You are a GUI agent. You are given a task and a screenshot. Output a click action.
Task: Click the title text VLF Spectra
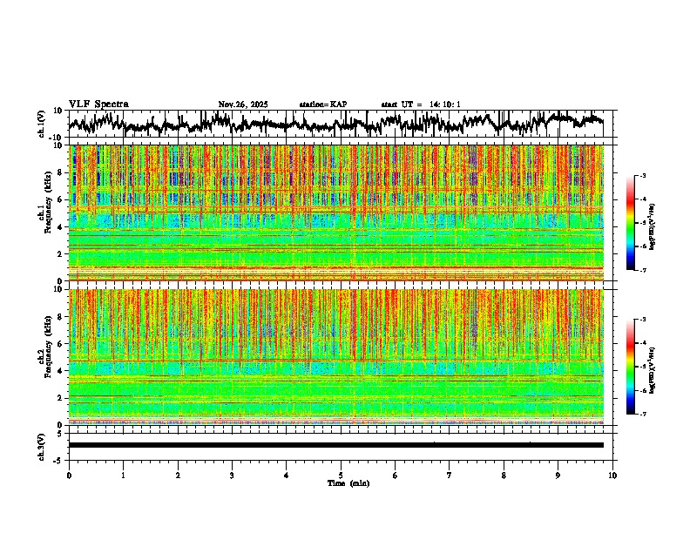click(98, 105)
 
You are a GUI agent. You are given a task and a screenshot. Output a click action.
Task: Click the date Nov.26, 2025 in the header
click(243, 105)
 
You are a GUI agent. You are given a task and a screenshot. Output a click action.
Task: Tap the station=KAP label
click(323, 105)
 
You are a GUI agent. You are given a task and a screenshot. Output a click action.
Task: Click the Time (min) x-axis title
click(348, 483)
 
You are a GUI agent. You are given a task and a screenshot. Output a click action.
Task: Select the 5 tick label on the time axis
click(341, 476)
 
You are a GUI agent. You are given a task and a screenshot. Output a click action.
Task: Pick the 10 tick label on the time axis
click(612, 476)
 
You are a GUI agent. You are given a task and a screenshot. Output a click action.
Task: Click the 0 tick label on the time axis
click(69, 476)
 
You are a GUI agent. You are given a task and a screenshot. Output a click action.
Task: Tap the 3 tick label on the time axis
click(232, 476)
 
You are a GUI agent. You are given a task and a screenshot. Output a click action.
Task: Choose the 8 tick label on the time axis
click(504, 476)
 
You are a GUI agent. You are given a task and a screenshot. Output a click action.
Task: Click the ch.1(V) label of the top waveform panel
click(42, 124)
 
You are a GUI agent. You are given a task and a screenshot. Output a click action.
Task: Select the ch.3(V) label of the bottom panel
click(42, 445)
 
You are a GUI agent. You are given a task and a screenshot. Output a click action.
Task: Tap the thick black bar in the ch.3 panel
click(335, 445)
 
